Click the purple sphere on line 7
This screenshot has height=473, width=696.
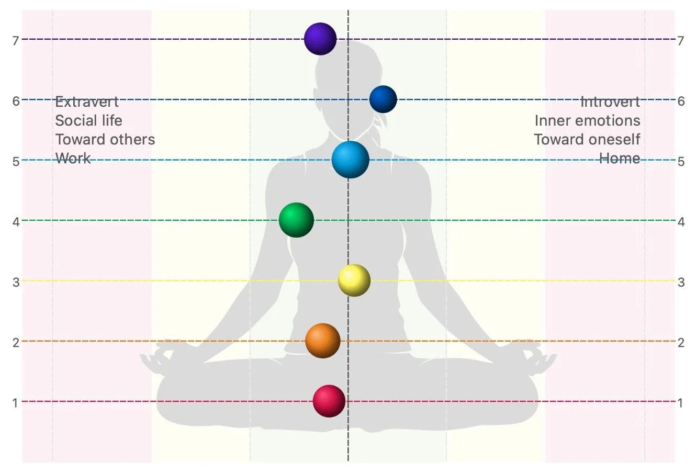(320, 39)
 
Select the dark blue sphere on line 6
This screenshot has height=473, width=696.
(383, 99)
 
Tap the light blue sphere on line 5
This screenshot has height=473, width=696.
(350, 160)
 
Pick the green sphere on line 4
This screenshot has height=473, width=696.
(296, 220)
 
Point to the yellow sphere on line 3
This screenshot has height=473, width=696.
(354, 280)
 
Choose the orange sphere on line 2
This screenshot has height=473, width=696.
(323, 341)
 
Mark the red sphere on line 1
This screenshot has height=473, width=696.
(329, 401)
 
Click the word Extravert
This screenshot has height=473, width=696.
(87, 102)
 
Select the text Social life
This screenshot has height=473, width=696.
(88, 120)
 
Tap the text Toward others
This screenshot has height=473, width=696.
(105, 139)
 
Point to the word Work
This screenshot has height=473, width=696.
(73, 158)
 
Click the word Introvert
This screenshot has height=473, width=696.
(610, 102)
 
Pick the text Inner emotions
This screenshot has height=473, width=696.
(587, 120)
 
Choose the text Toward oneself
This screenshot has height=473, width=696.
(587, 139)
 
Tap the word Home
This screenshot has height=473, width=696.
(620, 158)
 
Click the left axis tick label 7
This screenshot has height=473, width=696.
(16, 40)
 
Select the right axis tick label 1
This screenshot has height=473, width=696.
(680, 403)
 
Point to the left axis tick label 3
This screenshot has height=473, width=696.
(16, 283)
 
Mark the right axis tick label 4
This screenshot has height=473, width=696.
(680, 222)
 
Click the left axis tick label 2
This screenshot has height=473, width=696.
(16, 343)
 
